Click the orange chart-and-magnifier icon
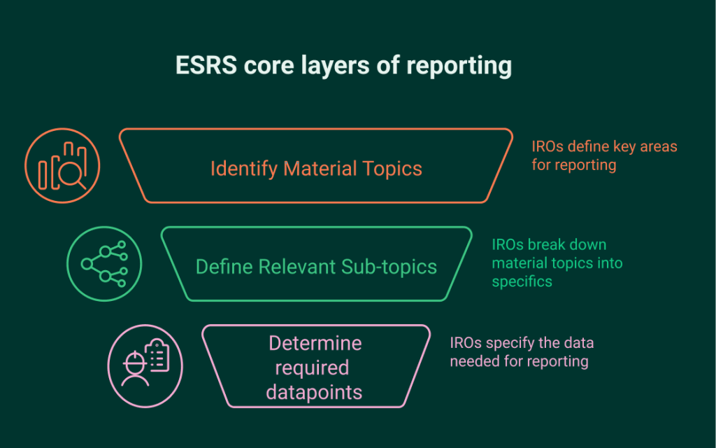(x=63, y=167)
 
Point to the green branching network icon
(x=104, y=265)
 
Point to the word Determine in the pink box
(x=315, y=343)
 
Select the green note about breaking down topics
(x=557, y=263)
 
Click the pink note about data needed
(x=522, y=352)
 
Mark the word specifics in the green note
(x=522, y=281)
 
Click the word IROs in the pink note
(x=465, y=343)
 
